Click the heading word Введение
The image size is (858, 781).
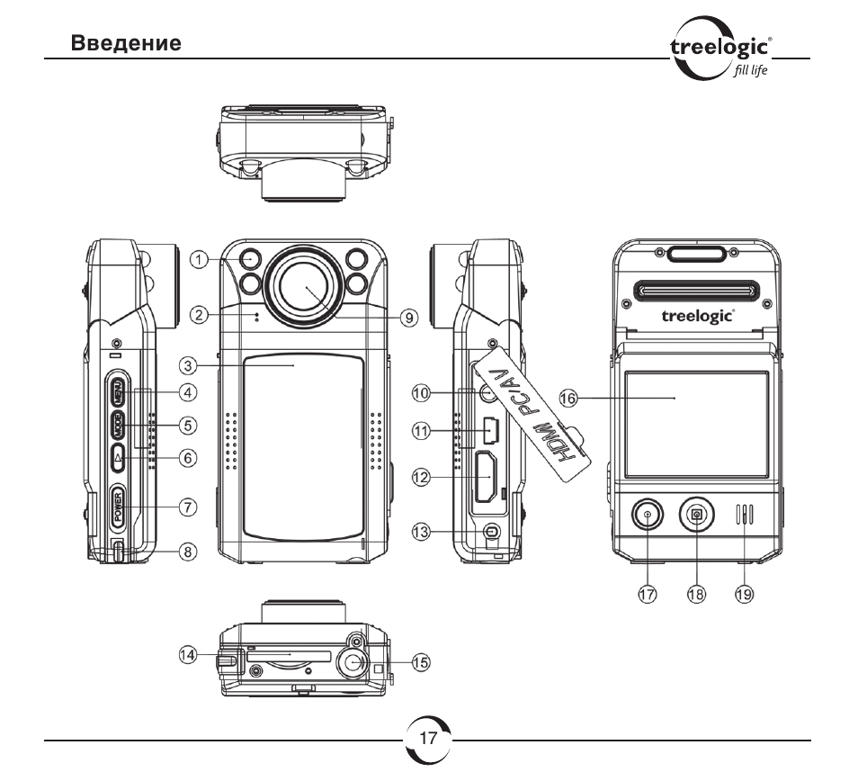126,43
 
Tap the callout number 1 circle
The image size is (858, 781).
199,259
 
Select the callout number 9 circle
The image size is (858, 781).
408,318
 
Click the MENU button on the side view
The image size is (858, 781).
118,391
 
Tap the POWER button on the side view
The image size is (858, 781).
118,507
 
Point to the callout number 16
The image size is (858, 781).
568,398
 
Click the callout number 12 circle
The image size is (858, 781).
421,477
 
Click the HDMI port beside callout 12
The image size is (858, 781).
486,477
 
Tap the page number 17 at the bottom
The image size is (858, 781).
428,739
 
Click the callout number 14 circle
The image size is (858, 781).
188,654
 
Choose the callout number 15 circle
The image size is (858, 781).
421,662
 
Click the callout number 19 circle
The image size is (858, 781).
744,594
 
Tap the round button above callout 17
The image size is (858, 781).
648,515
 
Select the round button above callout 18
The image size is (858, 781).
697,515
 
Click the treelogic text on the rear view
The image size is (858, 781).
698,317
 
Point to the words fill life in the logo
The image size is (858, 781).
750,70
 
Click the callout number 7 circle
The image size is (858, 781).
188,507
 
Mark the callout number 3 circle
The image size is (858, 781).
188,365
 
